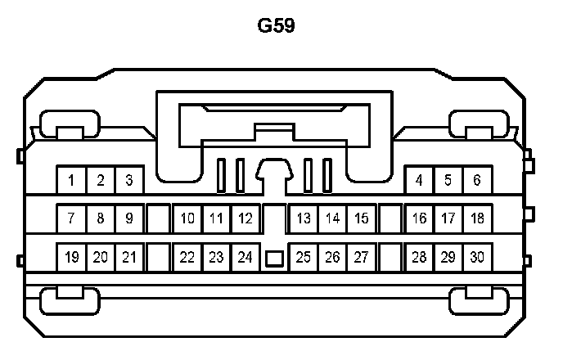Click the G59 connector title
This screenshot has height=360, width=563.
pos(277,25)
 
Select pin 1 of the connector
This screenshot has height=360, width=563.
pos(72,180)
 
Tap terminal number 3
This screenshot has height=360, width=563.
pos(128,180)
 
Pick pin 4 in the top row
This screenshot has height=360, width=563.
pos(420,180)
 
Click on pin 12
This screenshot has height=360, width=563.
pos(244,218)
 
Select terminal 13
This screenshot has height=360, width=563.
pos(304,218)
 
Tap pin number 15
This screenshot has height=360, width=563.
pos(361,218)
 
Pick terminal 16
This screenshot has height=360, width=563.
pos(420,218)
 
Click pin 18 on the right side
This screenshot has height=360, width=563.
pos(477,218)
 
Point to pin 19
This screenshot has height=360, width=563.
pos(72,257)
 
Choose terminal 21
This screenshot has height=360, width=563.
pos(128,257)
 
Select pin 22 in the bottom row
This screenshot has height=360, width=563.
pos(187,257)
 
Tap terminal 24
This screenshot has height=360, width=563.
pos(244,257)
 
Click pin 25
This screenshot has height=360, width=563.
pos(304,257)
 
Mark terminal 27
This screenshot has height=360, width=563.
pos(361,257)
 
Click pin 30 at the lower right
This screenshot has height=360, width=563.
pos(477,257)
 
